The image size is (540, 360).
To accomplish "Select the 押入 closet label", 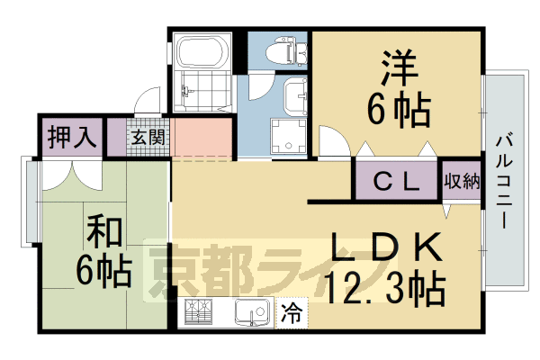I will tap(71, 138).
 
